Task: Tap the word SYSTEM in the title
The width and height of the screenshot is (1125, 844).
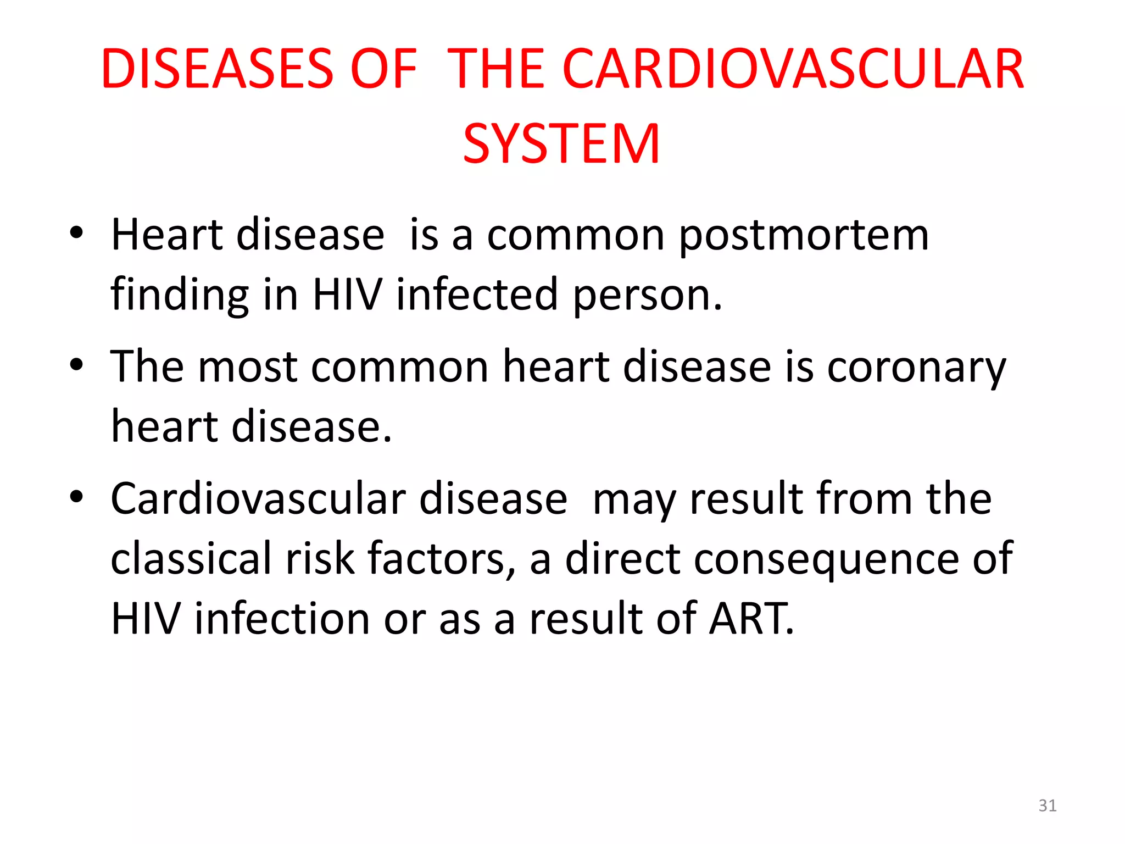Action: [561, 144]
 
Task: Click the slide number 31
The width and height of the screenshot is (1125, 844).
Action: [1048, 806]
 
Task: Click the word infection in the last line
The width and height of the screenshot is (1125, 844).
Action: [282, 619]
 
